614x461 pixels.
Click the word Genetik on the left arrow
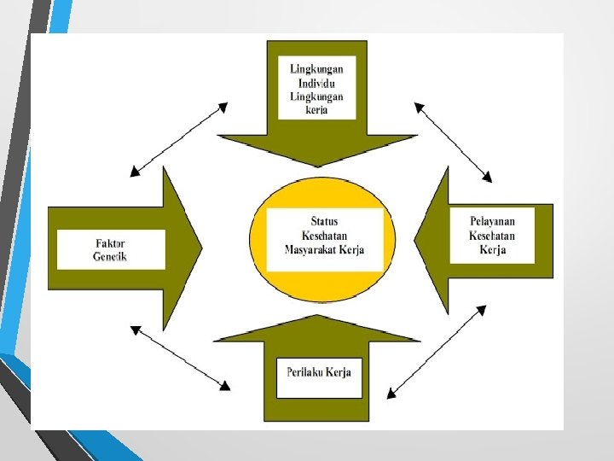[x=110, y=257]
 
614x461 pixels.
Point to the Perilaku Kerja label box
[x=319, y=376]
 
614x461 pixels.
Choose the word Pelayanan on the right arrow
[x=492, y=222]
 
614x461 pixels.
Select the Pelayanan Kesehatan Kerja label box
[x=492, y=235]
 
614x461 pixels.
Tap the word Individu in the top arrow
[x=316, y=83]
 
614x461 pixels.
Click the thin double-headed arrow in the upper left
[x=178, y=139]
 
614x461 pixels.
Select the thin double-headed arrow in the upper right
[x=453, y=142]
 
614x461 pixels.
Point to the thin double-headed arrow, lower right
[x=436, y=352]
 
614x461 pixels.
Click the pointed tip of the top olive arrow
[x=317, y=165]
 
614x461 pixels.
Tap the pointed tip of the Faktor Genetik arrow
[x=201, y=248]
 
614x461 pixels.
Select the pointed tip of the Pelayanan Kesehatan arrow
[x=415, y=241]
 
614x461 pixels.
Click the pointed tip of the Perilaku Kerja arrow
[x=317, y=317]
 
